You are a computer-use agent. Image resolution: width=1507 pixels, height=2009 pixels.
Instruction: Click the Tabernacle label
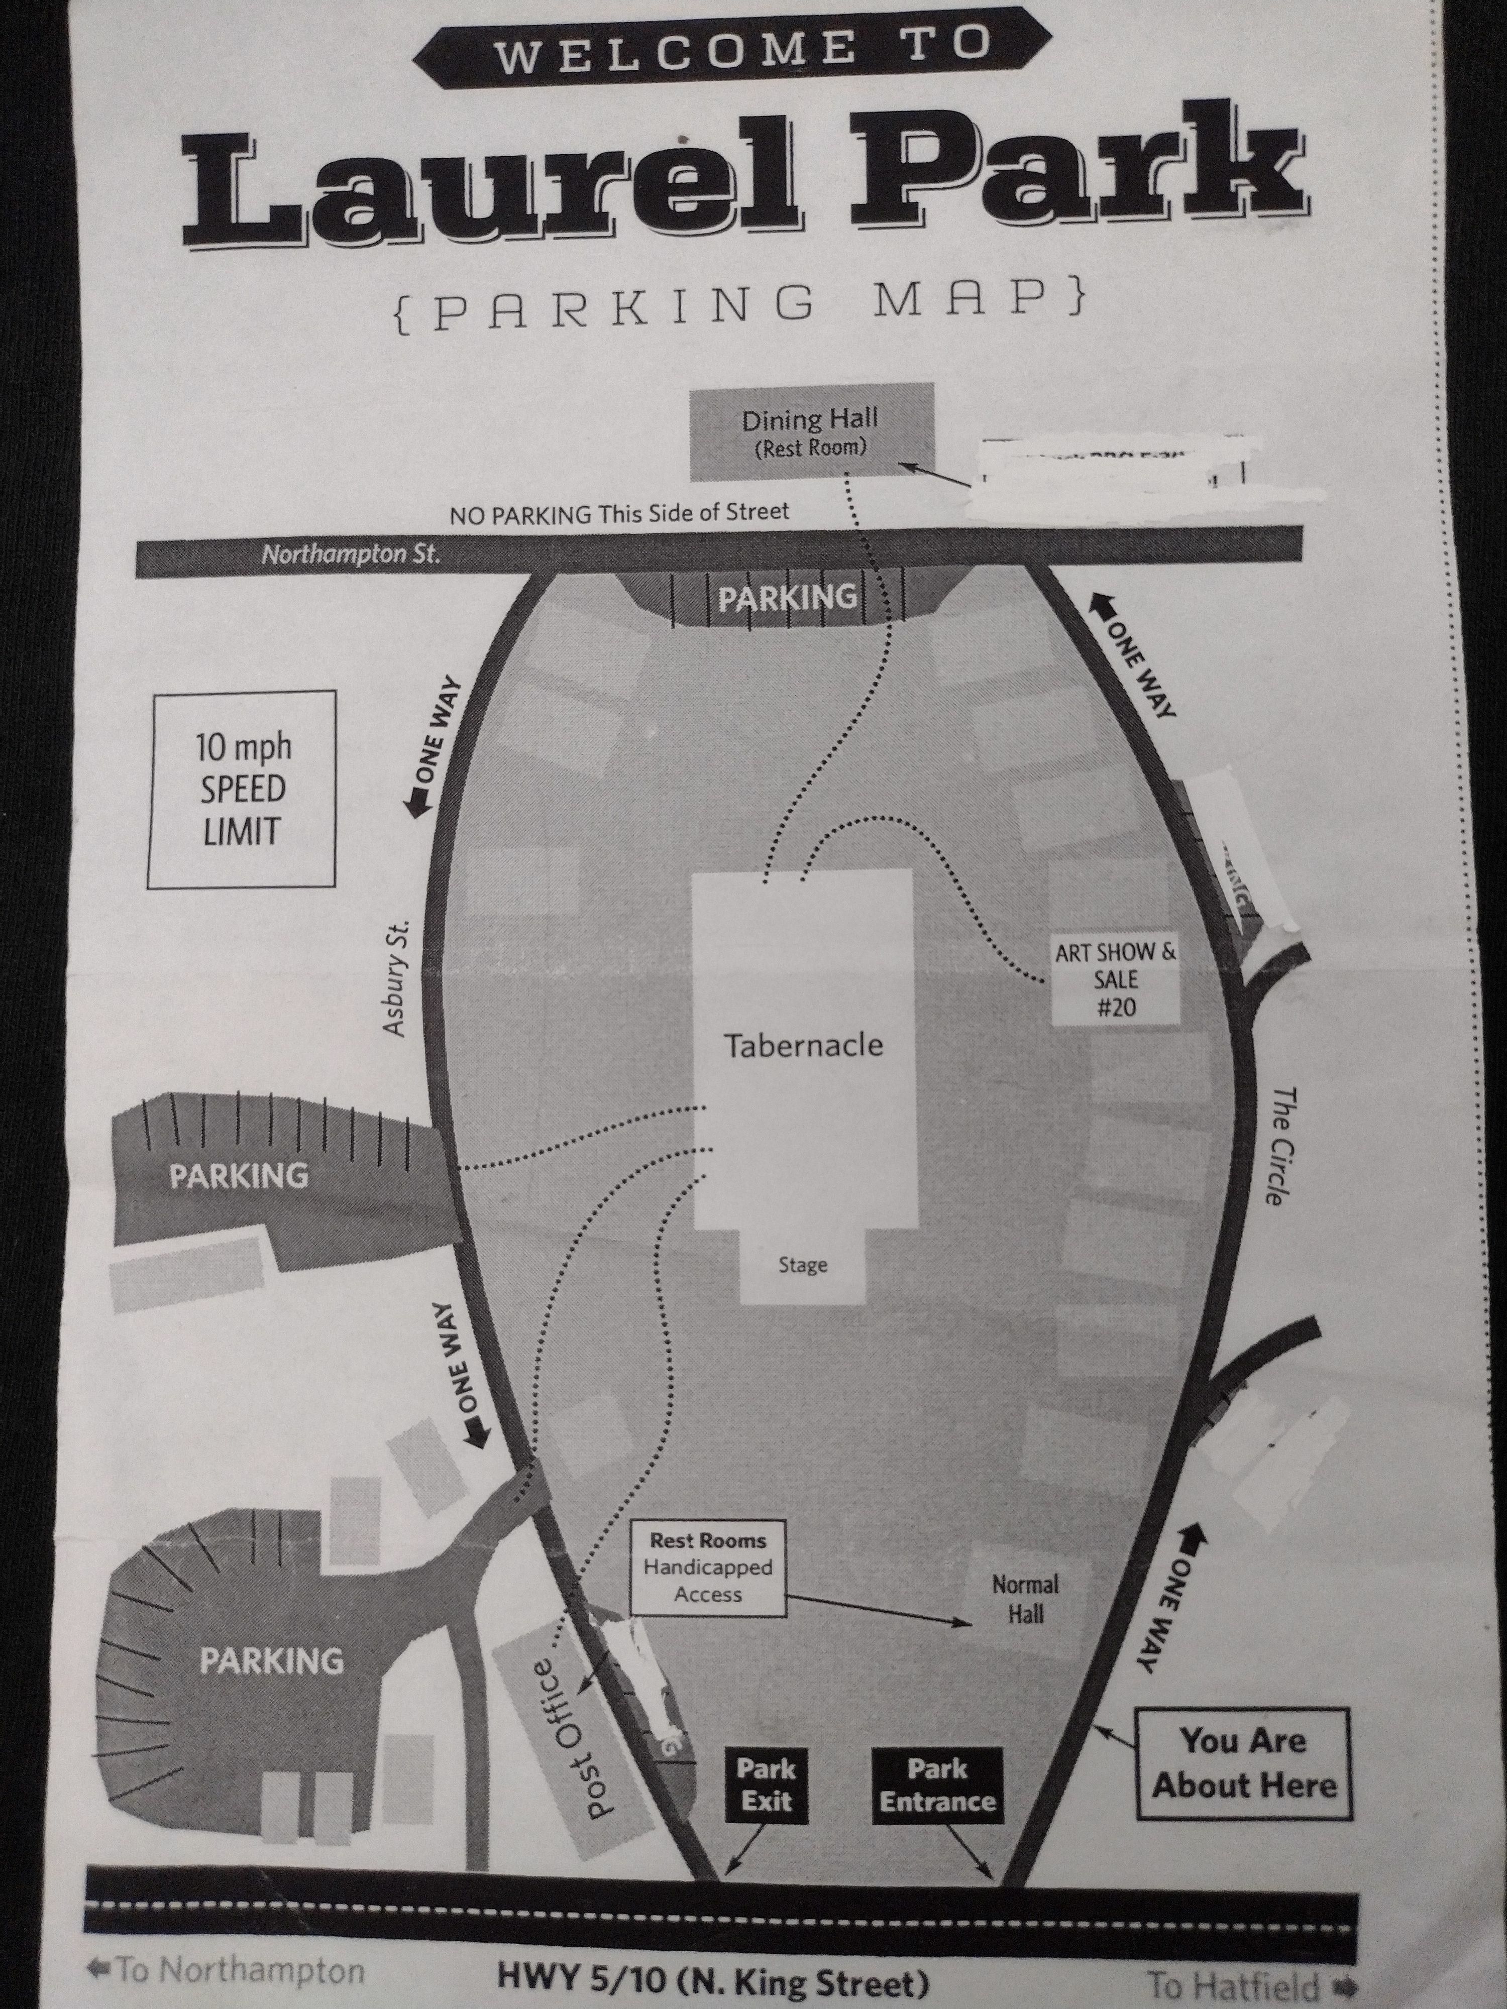pyautogui.click(x=803, y=1045)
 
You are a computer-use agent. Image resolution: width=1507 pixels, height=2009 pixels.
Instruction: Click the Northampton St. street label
pyautogui.click(x=351, y=554)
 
